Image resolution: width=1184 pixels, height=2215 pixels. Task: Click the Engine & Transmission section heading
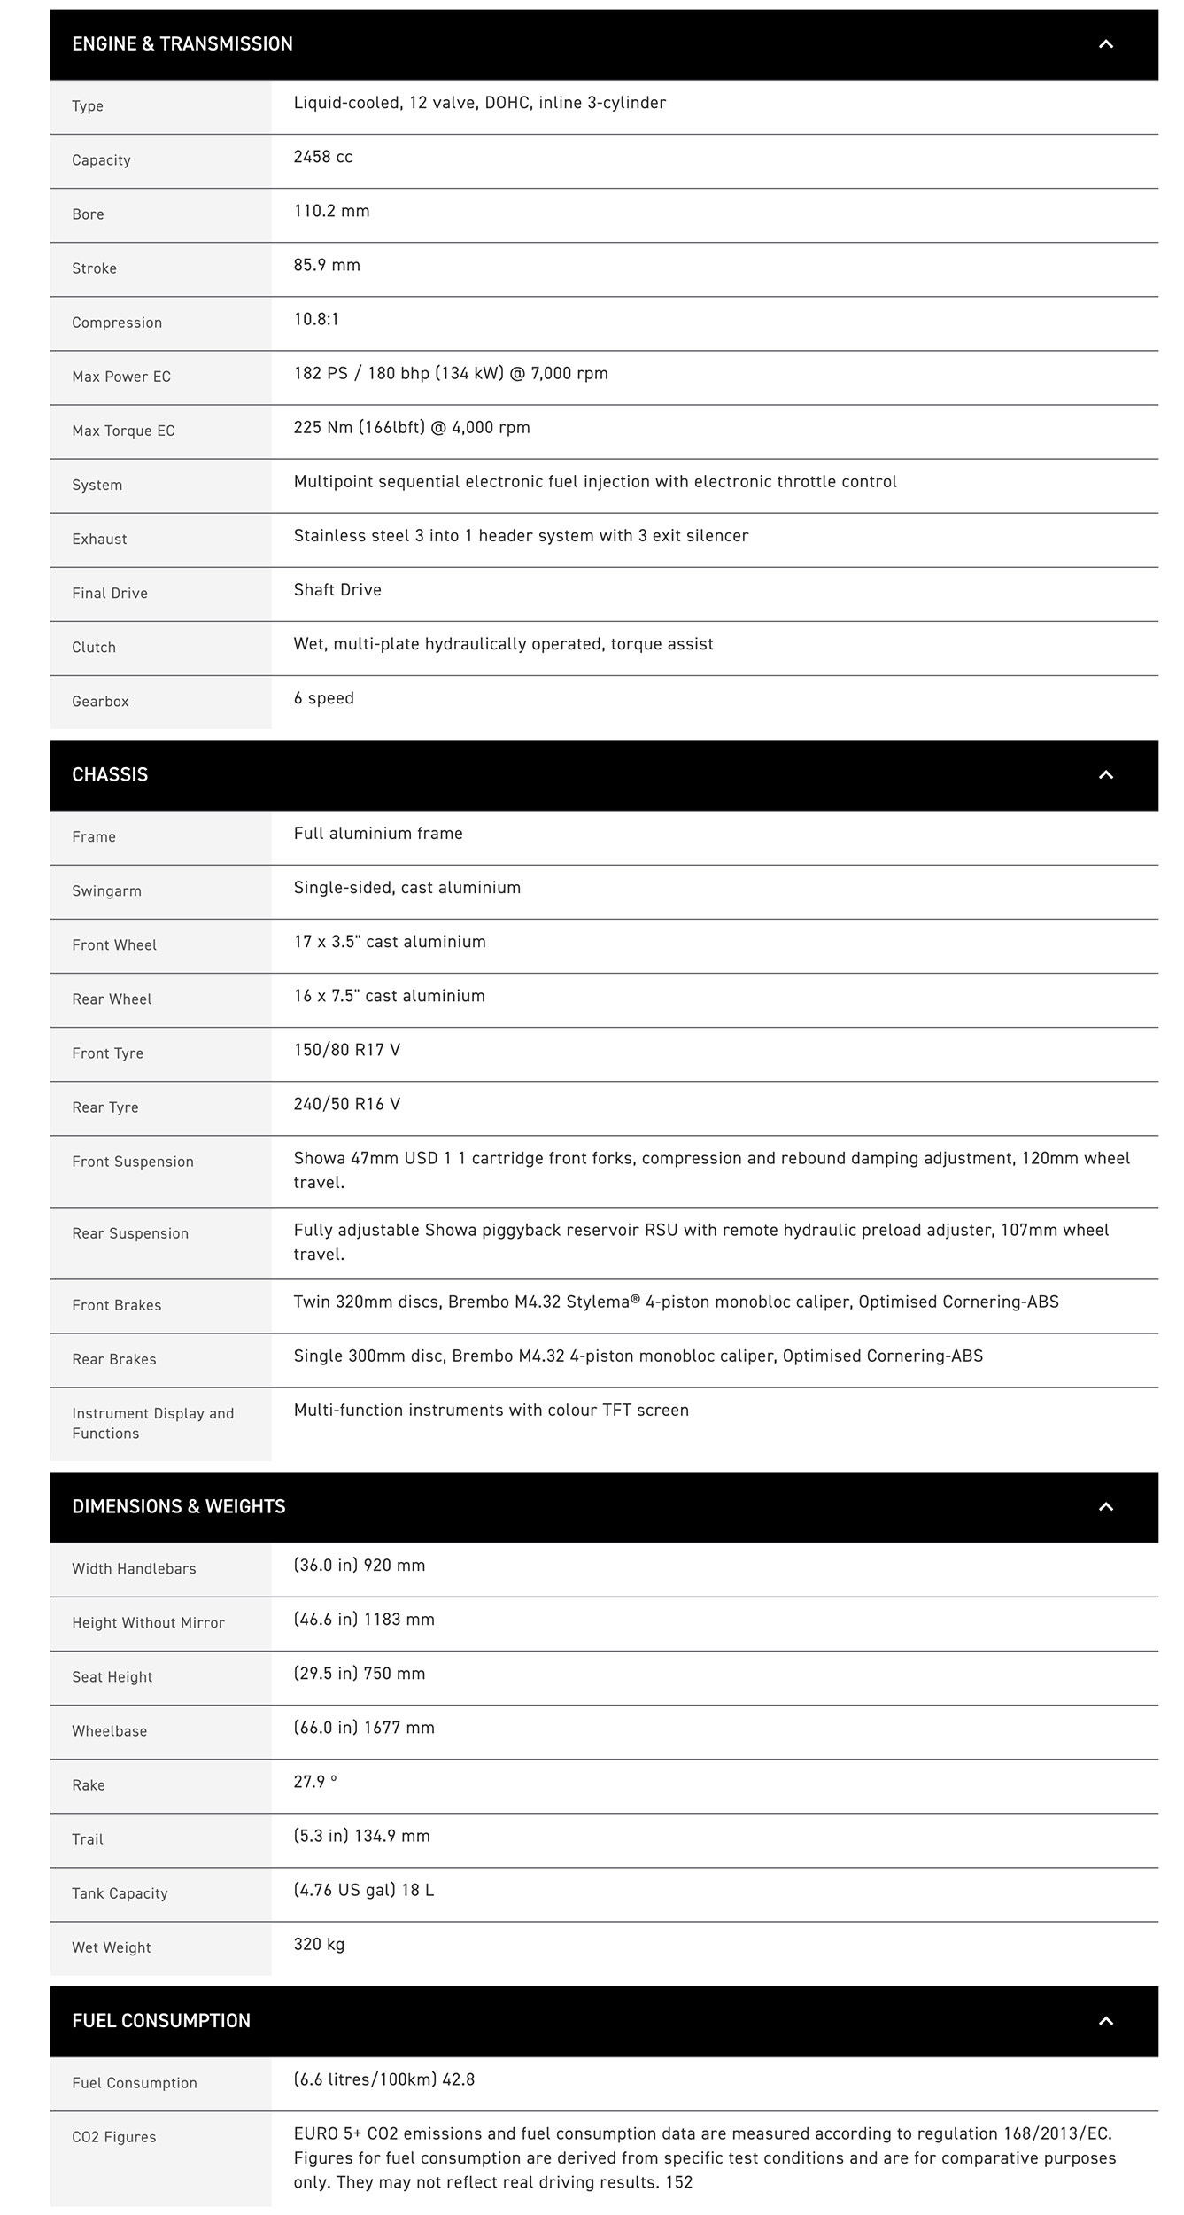[x=182, y=44]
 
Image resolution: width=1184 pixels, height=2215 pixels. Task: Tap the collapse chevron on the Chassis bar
[x=1105, y=775]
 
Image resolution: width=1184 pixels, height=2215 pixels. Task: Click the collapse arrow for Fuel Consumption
[x=1105, y=2021]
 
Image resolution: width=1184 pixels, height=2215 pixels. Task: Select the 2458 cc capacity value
[x=323, y=158]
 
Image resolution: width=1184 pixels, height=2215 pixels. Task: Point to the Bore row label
[x=88, y=214]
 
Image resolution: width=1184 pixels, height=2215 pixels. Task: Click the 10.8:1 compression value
[x=316, y=320]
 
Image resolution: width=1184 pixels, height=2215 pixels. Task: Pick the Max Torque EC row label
[x=123, y=431]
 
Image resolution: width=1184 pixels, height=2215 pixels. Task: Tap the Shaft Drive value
[x=337, y=590]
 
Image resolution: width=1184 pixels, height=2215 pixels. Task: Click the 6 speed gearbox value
[x=323, y=698]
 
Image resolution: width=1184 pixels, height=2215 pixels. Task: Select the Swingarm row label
[x=106, y=891]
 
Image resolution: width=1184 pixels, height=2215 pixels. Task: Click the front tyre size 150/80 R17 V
[x=347, y=1050]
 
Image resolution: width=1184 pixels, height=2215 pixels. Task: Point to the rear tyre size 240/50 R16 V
[x=347, y=1104]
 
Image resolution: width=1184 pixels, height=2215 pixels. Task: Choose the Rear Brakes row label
[x=113, y=1360]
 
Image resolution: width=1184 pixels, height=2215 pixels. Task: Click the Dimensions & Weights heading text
[x=178, y=1507]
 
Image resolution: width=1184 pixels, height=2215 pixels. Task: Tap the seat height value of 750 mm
[x=360, y=1674]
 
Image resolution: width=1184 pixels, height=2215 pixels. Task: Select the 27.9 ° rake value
[x=315, y=1782]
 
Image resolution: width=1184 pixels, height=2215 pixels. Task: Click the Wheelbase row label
[x=109, y=1731]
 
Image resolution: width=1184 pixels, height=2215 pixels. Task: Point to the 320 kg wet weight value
[x=319, y=1945]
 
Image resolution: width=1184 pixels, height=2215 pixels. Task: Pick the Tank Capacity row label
[x=120, y=1893]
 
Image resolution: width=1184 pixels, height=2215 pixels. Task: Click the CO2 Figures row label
[x=113, y=2137]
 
